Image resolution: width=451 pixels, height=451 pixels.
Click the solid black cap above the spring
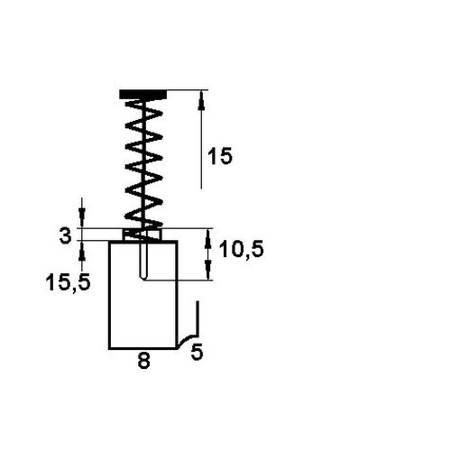143,94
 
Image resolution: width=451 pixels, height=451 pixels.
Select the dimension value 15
220,156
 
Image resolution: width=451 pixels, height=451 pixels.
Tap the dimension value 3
66,235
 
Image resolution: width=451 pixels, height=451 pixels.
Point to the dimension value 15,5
68,282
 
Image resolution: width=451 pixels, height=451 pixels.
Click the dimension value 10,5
242,249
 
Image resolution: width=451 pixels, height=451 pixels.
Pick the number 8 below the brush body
143,361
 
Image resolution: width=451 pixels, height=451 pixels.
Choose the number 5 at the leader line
197,352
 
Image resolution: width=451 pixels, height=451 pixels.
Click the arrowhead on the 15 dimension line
202,100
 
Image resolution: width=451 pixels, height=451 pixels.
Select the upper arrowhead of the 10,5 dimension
207,238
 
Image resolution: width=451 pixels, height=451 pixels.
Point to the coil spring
143,164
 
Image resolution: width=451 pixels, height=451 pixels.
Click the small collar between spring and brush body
143,235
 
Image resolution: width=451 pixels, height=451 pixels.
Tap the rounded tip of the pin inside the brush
143,278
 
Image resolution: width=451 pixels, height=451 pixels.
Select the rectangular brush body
143,295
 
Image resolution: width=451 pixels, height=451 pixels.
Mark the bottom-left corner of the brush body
109,348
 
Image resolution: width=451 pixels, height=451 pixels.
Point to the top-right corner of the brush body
178,241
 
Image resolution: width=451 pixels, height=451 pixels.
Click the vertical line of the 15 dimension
201,139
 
